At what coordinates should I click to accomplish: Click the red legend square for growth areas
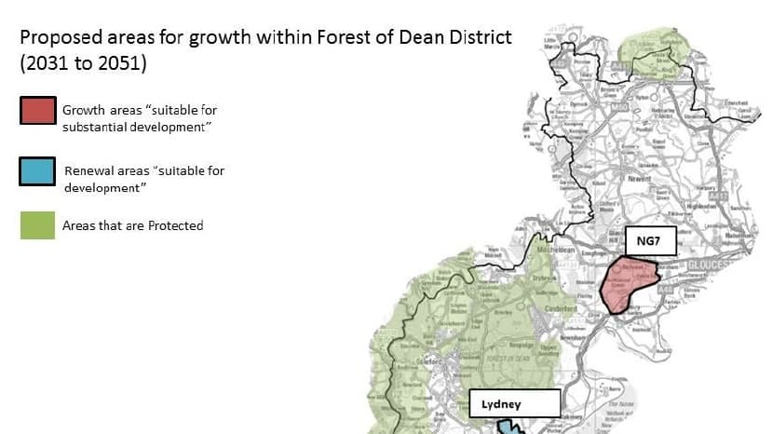(x=37, y=110)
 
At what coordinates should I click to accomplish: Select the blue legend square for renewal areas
(x=37, y=171)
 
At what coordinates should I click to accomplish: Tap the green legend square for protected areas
(x=37, y=225)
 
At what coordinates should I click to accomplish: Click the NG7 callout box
(x=649, y=240)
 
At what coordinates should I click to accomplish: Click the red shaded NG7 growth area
(x=630, y=284)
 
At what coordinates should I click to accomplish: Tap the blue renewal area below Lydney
(x=509, y=427)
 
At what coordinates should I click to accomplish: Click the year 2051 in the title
(x=125, y=64)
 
